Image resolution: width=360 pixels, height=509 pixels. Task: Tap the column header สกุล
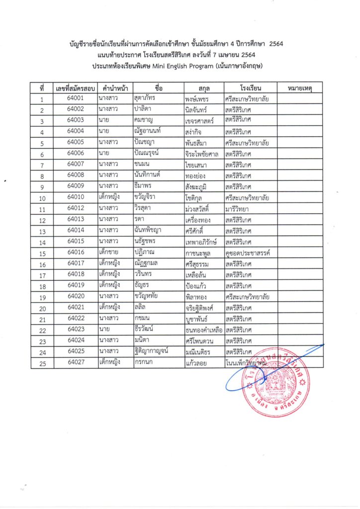click(x=203, y=88)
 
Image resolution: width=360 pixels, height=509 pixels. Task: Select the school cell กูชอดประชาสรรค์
click(x=247, y=253)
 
